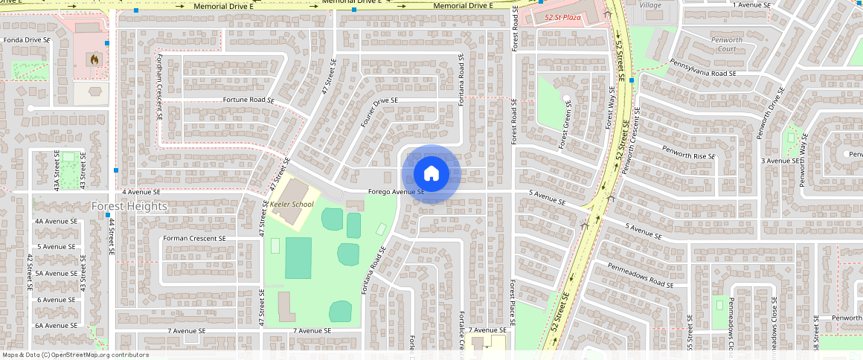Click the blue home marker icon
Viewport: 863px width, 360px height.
click(431, 174)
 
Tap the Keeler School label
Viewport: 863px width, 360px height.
click(291, 204)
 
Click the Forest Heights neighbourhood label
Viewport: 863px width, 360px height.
click(129, 206)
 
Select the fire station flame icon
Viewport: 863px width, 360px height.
click(94, 58)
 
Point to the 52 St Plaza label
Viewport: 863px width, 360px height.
click(563, 16)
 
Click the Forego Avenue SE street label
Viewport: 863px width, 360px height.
click(396, 192)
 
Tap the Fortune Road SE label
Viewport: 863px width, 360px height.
click(248, 100)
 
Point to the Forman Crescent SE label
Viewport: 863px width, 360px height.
click(193, 239)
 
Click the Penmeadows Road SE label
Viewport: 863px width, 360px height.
click(640, 274)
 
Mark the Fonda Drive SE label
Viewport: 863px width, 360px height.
click(27, 39)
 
